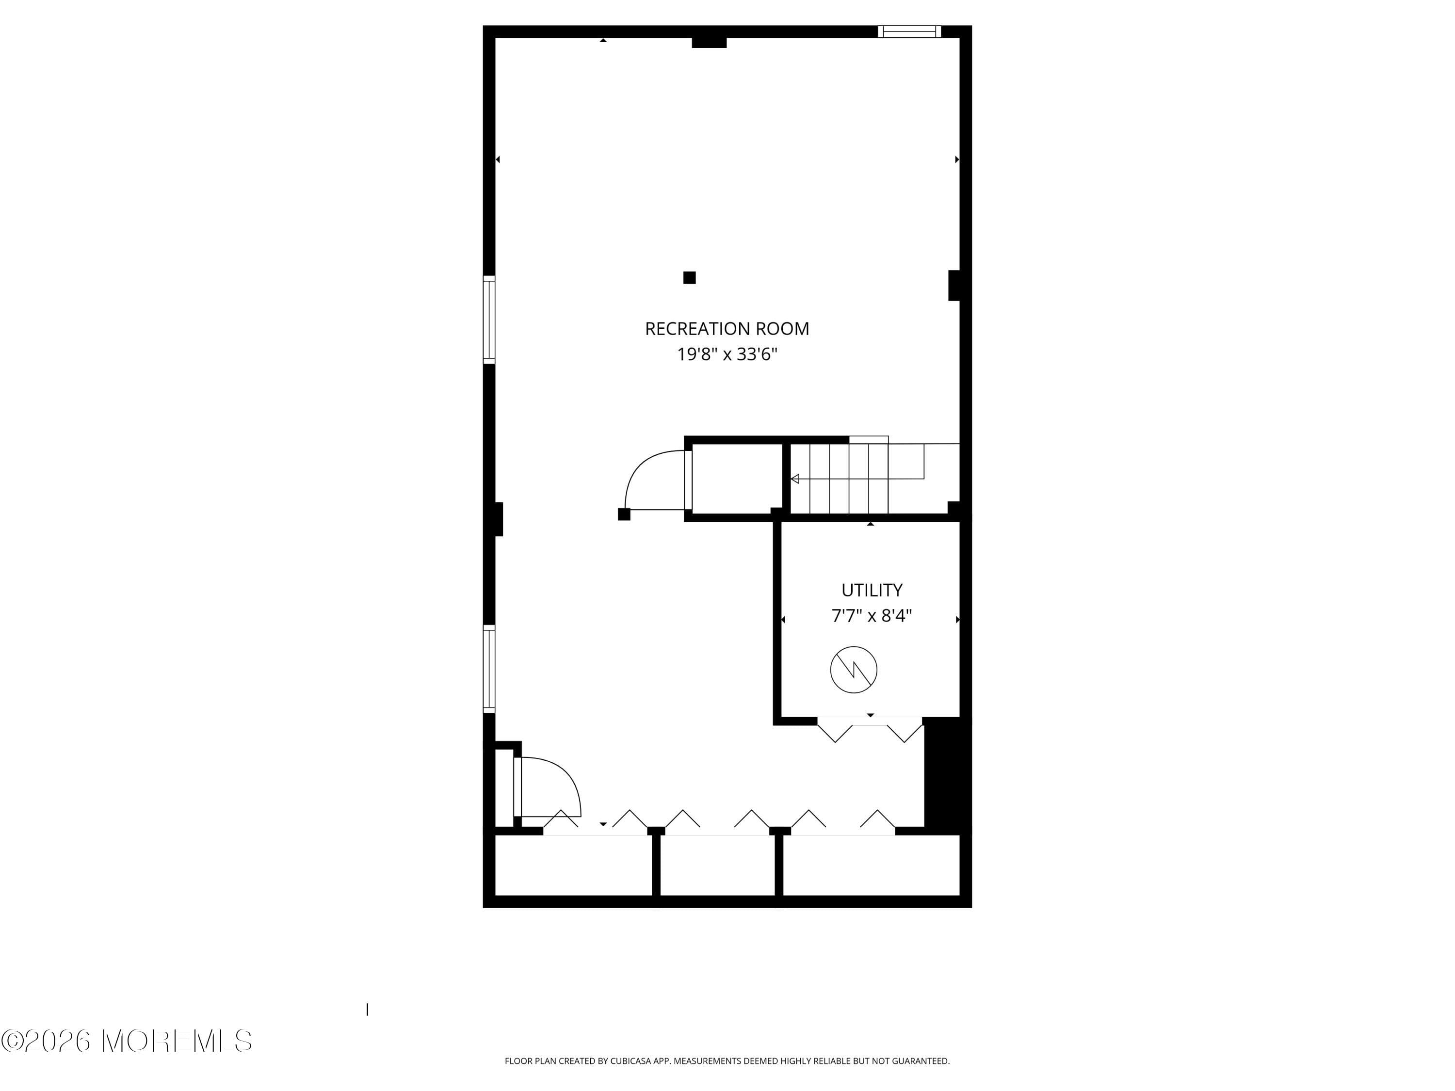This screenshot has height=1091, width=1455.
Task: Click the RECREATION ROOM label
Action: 727,329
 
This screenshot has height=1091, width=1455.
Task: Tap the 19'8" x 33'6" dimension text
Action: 727,354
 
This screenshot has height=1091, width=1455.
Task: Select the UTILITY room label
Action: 872,590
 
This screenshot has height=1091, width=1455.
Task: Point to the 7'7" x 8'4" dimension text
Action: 872,615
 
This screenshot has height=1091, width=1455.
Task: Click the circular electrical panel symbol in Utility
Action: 853,670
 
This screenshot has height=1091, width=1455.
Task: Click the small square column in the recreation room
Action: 689,277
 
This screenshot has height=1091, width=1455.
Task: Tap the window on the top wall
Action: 909,32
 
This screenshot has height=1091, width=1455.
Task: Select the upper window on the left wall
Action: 489,320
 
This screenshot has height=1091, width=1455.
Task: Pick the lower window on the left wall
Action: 489,668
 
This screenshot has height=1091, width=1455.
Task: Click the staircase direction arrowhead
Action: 794,479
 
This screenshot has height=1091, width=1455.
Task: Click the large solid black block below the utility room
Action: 947,776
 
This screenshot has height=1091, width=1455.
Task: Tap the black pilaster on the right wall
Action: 954,286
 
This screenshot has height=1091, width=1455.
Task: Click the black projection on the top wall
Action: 709,43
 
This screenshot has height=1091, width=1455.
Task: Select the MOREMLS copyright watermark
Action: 126,1041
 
